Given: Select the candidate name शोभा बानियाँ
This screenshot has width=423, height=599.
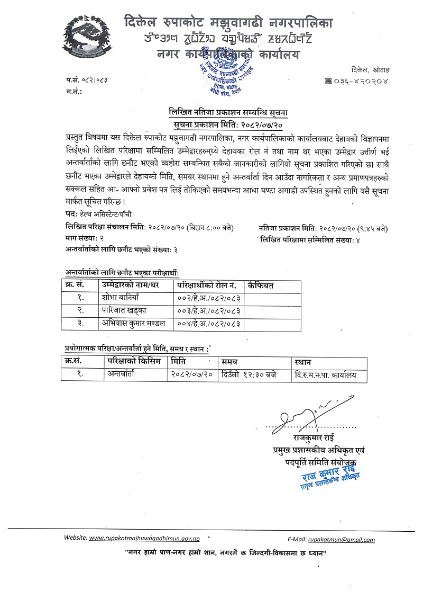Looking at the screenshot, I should pyautogui.click(x=121, y=297).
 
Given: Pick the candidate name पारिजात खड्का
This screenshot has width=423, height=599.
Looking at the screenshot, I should pyautogui.click(x=124, y=310).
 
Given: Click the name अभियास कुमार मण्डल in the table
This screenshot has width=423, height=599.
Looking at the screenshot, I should pyautogui.click(x=133, y=323).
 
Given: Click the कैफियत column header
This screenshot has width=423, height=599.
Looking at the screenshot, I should pyautogui.click(x=256, y=285).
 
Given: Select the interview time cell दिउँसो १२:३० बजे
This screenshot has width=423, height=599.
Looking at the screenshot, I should pyautogui.click(x=249, y=374).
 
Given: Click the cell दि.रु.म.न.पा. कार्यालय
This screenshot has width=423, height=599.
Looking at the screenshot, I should pyautogui.click(x=326, y=374).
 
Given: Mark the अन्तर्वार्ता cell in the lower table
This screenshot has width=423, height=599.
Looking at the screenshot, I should pyautogui.click(x=121, y=374).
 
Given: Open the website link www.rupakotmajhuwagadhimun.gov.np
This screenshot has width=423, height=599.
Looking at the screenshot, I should pyautogui.click(x=144, y=538).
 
